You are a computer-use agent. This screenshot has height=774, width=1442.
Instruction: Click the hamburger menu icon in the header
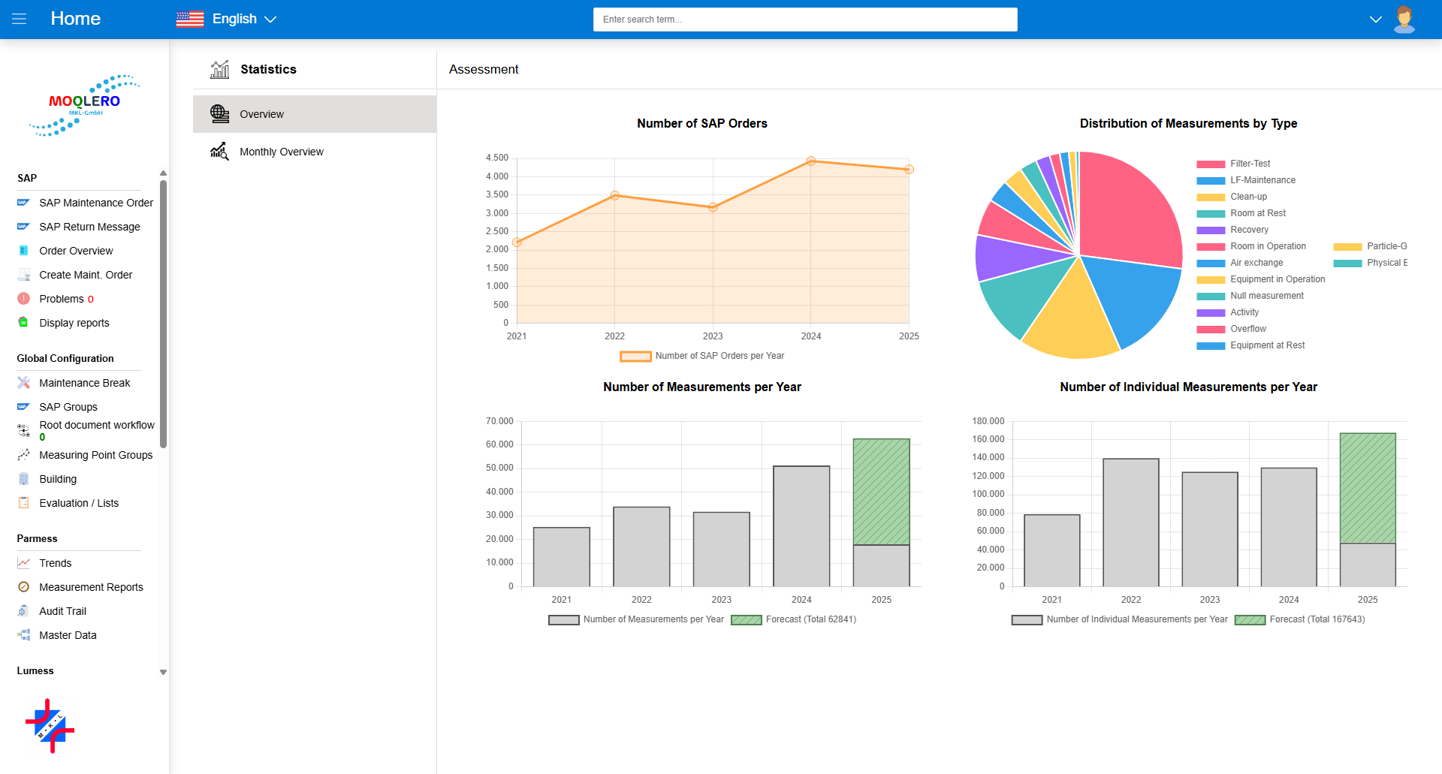[x=20, y=19]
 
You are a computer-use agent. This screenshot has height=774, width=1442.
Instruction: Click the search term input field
[x=804, y=20]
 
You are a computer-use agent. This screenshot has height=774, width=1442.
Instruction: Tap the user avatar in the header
[x=1404, y=19]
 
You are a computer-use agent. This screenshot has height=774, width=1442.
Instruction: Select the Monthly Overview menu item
[x=281, y=152]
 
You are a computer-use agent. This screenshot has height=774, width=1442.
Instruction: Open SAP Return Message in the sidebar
[x=89, y=227]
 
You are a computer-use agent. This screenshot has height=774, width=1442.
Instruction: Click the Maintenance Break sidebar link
[x=84, y=383]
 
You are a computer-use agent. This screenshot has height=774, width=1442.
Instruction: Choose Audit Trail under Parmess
[x=62, y=611]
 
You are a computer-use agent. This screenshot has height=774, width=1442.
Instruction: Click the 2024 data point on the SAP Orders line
[x=810, y=161]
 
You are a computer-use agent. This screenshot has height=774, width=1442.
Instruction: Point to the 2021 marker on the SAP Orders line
[x=517, y=242]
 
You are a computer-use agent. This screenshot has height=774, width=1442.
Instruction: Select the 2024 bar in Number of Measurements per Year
[x=801, y=526]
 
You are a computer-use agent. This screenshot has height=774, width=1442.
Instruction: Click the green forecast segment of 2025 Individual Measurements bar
[x=1367, y=488]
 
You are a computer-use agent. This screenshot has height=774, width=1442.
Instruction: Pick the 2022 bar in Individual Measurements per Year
[x=1130, y=522]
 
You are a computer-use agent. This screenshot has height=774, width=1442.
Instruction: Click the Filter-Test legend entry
[x=1250, y=164]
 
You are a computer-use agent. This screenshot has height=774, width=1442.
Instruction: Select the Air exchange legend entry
[x=1256, y=263]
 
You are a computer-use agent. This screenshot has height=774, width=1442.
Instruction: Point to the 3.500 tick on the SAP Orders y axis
[x=496, y=194]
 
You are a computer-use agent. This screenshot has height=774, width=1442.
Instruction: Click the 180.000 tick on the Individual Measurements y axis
[x=988, y=421]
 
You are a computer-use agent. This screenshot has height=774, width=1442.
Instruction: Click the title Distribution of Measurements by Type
[x=1188, y=123]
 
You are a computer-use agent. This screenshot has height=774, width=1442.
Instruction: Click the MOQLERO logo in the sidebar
[x=84, y=105]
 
